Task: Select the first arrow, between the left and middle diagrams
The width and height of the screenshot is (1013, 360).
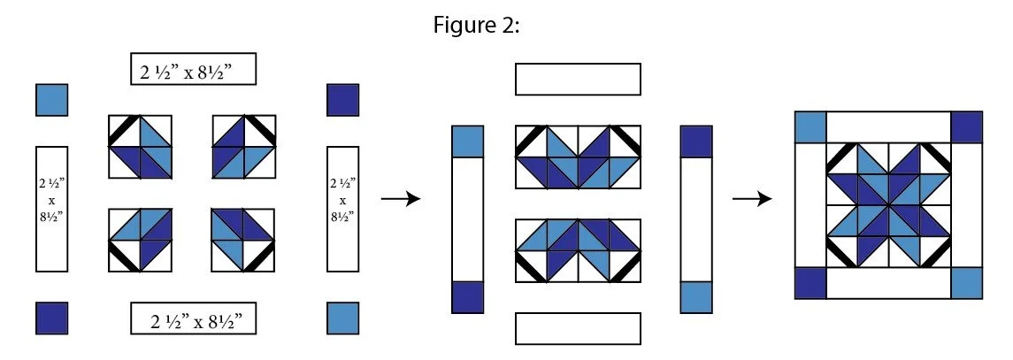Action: pos(400,200)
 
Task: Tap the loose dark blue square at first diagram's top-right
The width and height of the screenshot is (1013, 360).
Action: pos(343,99)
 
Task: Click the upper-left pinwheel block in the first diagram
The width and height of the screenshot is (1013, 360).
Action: pos(140,146)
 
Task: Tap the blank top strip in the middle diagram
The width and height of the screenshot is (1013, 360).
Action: pos(577,79)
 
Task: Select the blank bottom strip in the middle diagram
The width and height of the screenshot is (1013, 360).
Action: pos(577,327)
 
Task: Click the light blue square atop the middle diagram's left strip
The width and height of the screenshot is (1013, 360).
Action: pos(468,142)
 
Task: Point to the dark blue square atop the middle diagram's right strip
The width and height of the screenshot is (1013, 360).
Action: pos(696,142)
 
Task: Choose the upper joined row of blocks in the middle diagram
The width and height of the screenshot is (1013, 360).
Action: pos(577,157)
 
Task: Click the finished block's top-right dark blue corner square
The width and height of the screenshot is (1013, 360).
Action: pos(967,126)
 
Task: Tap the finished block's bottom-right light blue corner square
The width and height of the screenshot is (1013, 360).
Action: pos(967,282)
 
